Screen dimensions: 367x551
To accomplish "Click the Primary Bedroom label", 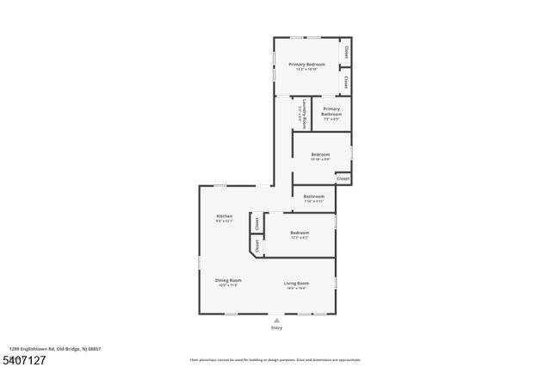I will pos(306,65).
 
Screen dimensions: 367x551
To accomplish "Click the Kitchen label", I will pos(225,215).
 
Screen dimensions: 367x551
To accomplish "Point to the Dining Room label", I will pos(228,280).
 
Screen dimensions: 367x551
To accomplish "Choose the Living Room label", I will pos(296,283).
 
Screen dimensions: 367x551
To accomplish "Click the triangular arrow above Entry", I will pos(276,320).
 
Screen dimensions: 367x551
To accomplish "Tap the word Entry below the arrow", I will pos(276,328).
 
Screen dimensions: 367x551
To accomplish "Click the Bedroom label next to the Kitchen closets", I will pos(300,233).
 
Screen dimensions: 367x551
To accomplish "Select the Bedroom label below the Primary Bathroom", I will pos(320,154).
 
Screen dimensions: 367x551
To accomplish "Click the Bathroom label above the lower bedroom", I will pos(313,196).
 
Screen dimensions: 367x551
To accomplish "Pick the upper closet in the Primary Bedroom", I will pos(346,52).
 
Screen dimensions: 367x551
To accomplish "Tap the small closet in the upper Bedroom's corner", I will pos(343,178).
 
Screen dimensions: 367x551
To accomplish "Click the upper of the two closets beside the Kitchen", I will pos(257,223).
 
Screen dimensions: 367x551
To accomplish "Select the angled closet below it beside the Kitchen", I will pos(257,246).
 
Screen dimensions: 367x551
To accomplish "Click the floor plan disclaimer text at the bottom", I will pos(275,359).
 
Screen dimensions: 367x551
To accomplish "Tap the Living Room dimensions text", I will pos(296,288).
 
